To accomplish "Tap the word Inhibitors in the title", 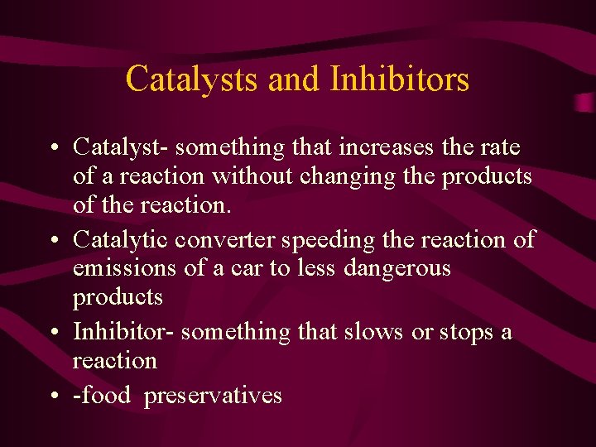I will click(x=400, y=79).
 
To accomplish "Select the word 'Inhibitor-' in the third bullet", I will click(x=123, y=332).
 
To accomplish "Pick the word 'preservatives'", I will click(x=213, y=396).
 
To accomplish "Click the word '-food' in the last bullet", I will click(x=102, y=395).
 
